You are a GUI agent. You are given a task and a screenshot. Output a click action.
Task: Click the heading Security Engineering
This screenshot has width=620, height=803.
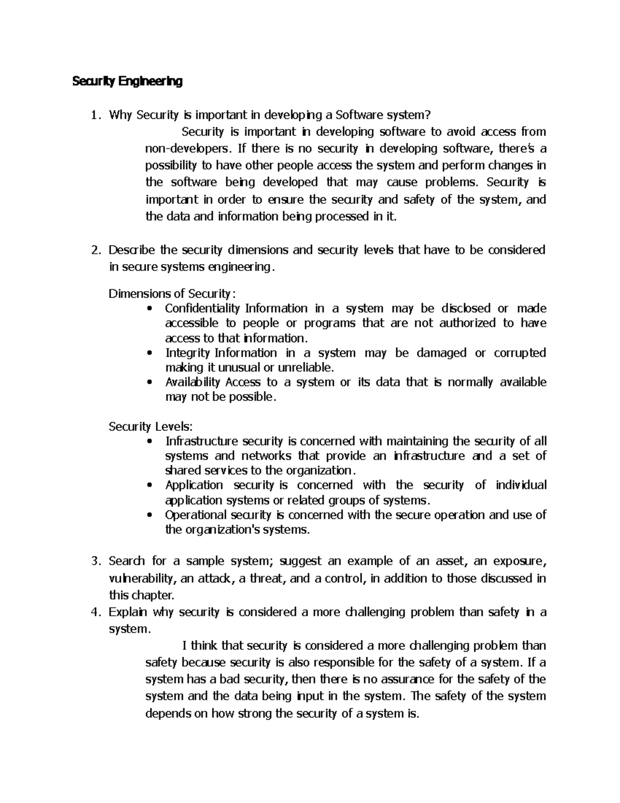click(x=127, y=81)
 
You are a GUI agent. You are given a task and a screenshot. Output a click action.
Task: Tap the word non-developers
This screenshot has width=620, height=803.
click(x=185, y=149)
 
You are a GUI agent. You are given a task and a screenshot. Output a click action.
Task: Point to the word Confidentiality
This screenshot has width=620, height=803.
click(x=203, y=309)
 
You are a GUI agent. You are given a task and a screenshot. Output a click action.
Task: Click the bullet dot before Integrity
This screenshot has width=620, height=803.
click(x=150, y=353)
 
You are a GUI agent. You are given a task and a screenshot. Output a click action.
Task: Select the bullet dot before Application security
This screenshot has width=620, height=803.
click(x=150, y=486)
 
